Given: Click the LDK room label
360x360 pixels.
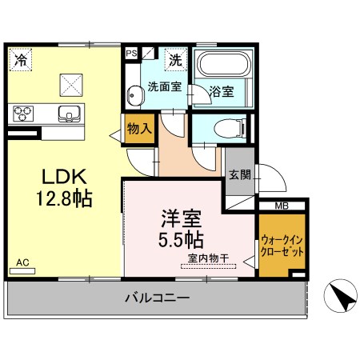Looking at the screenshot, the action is pos(65,177).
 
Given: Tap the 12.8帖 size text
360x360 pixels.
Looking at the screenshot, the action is pos(64,198).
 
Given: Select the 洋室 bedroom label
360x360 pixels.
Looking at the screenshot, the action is pos(181,218).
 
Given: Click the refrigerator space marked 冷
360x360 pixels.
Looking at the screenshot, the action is pos(21,59).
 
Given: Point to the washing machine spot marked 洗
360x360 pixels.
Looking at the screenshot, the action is pos(176,60).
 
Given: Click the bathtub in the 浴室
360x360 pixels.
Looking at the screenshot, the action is pos(223,63).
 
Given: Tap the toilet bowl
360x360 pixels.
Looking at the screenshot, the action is pos(230,129).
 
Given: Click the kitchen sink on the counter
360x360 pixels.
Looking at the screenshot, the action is pos(69,114).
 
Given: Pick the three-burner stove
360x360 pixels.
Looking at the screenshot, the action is pos(23,114).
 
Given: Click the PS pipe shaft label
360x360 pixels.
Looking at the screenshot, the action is pos(131,54).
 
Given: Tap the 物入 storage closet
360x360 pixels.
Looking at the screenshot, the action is pos(140,129).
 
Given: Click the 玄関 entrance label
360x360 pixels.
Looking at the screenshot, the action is pos(240,175).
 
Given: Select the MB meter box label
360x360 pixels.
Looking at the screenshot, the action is pos(282,206).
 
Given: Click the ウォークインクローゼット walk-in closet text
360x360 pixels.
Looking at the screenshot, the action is pos(282,246).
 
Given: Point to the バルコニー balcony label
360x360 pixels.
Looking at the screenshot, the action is pos(158,297).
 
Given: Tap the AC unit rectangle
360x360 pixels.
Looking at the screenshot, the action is pos(22,271).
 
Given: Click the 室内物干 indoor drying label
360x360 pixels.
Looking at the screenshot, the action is pos(208,258).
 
